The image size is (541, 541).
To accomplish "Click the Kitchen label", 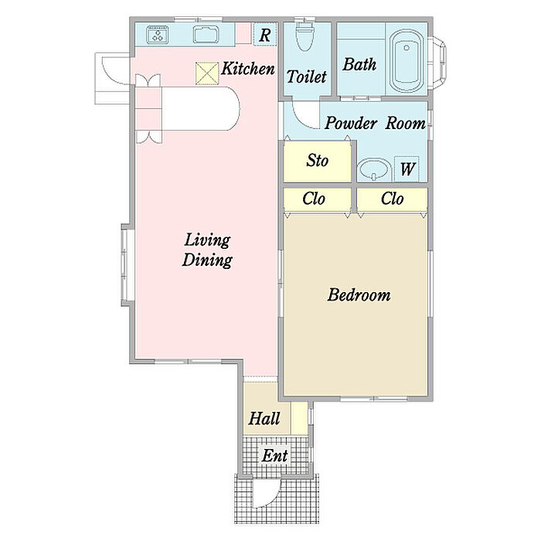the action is click(248, 69).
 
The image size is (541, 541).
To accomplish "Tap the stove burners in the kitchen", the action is click(158, 35).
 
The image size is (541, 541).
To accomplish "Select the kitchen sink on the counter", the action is click(206, 35).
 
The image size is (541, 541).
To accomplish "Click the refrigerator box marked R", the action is click(265, 35).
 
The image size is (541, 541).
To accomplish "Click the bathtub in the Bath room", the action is click(407, 61).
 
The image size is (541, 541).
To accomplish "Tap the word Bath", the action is click(359, 64).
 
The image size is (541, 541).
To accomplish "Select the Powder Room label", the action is click(375, 123).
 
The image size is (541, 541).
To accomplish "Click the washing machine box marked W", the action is click(407, 168).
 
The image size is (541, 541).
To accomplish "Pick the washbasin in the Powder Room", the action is click(374, 170).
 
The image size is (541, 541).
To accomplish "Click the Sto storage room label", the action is click(317, 161).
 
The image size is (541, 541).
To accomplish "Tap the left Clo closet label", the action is click(314, 199).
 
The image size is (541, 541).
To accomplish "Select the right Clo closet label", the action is click(393, 199).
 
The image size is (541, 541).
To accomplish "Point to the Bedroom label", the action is click(359, 295).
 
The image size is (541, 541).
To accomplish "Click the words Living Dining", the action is click(207, 250).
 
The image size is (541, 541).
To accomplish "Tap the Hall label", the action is click(264, 419).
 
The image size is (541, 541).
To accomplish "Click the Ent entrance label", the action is click(274, 456).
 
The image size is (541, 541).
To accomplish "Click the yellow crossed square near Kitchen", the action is click(207, 73).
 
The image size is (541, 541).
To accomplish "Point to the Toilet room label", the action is click(306, 77).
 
